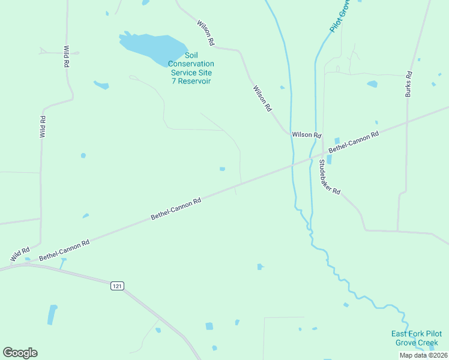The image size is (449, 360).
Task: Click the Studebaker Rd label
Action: (330, 177)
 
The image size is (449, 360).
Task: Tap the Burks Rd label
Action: (408, 85)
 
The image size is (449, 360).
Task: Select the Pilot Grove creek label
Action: (340, 16)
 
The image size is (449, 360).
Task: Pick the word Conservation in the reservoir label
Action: (191, 64)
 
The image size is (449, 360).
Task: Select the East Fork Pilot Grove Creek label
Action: (416, 338)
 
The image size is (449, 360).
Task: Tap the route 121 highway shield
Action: (117, 286)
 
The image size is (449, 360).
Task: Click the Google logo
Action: (20, 353)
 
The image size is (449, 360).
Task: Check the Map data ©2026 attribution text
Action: (423, 355)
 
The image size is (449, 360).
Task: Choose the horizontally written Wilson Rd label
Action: (307, 135)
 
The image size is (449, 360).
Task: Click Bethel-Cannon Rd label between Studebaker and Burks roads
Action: (354, 141)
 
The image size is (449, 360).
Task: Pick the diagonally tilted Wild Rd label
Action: (20, 254)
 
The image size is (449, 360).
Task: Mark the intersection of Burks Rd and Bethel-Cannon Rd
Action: (407, 122)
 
